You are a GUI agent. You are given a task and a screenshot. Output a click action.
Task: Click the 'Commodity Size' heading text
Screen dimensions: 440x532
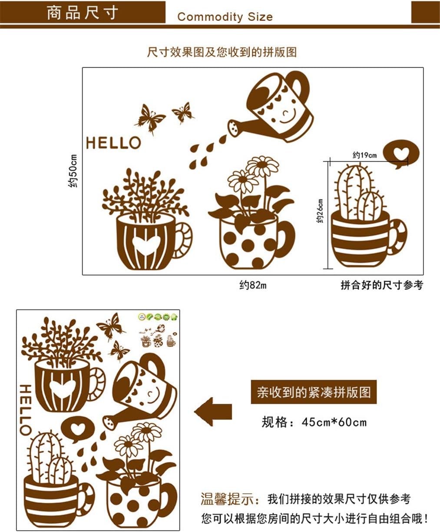click(225, 17)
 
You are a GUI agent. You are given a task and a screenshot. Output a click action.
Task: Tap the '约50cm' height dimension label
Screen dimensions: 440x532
click(73, 171)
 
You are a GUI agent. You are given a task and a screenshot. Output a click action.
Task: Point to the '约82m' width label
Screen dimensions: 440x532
click(253, 285)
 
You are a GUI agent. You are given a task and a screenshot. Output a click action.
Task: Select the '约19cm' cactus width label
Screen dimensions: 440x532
click(364, 155)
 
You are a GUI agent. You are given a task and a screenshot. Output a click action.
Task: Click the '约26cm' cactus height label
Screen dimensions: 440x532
click(320, 211)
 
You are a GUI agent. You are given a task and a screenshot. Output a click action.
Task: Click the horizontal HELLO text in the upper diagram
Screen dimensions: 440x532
click(113, 143)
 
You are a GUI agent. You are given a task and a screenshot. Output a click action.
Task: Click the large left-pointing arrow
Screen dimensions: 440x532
click(213, 412)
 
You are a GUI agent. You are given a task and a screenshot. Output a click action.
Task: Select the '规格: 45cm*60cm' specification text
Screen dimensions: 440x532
click(314, 422)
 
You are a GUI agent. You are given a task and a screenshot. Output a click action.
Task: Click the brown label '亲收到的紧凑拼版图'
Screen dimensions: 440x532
click(314, 392)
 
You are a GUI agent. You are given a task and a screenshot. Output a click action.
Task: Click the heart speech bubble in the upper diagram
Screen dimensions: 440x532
click(401, 153)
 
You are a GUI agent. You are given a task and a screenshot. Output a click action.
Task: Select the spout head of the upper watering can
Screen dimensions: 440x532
click(234, 128)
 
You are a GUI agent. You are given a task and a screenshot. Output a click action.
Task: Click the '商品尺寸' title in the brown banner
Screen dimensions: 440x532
click(83, 13)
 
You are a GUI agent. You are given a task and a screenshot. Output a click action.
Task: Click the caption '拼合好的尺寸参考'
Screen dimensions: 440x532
click(382, 285)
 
